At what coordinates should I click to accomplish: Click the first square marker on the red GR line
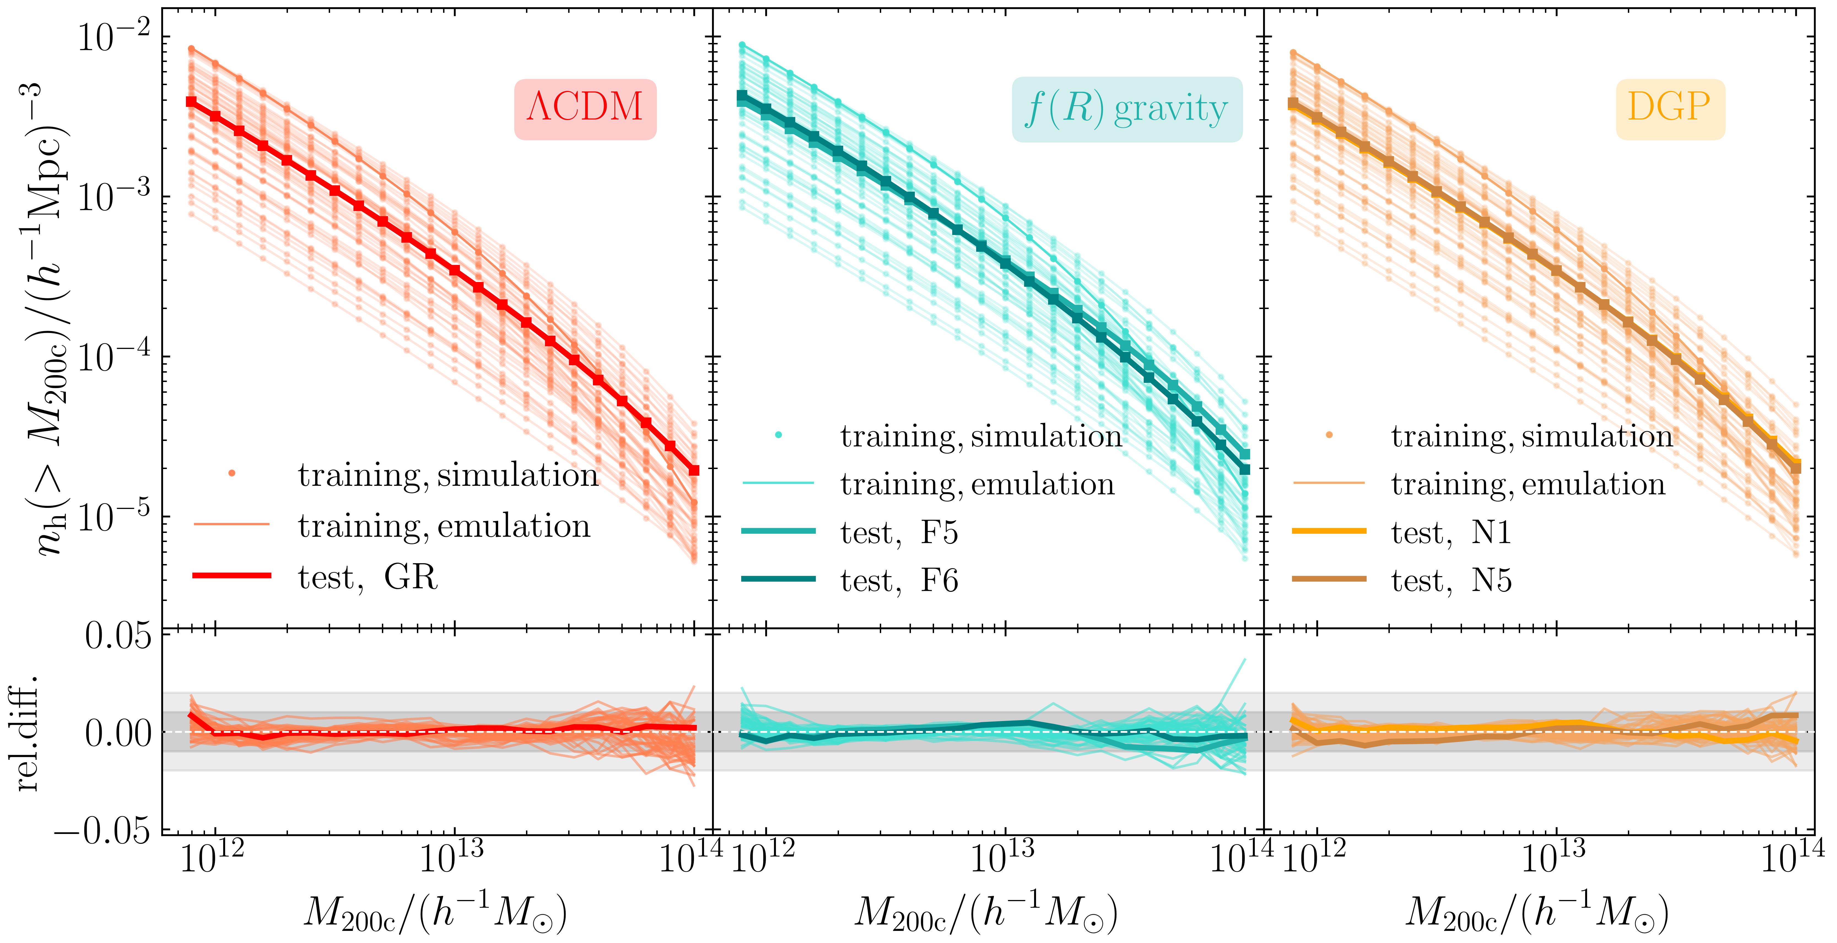click(191, 102)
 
